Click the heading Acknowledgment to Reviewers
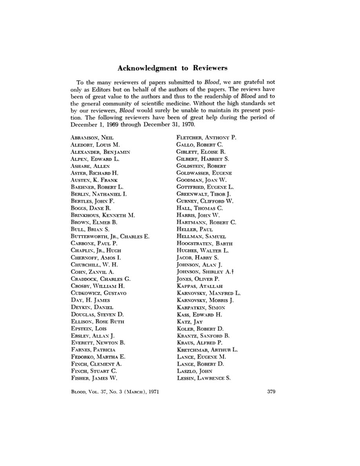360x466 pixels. point(173,68)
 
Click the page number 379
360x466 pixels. point(271,392)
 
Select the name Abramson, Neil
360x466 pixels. point(93,138)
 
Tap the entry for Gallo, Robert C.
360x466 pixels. point(200,145)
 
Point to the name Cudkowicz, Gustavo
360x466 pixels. point(98,293)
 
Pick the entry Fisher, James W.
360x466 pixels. point(95,378)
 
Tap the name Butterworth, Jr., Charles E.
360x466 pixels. point(111,237)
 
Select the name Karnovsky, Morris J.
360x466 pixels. point(205,300)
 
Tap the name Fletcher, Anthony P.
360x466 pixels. point(206,138)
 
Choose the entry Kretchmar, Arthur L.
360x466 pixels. point(207,349)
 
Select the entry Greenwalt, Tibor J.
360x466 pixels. point(203,194)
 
